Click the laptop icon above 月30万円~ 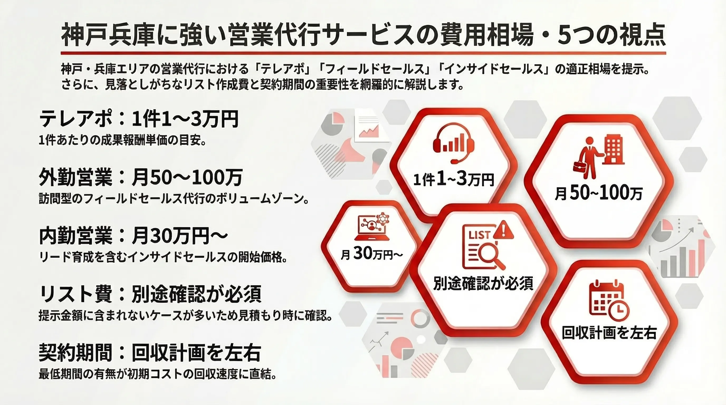(x=372, y=226)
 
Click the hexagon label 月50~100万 (x=599, y=194)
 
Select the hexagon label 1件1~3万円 (x=453, y=179)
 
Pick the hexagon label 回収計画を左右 (x=609, y=332)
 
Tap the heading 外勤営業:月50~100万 (x=141, y=177)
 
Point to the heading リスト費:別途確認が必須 (x=150, y=294)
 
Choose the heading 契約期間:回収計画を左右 (x=150, y=353)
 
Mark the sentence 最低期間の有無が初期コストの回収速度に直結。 (x=157, y=374)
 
